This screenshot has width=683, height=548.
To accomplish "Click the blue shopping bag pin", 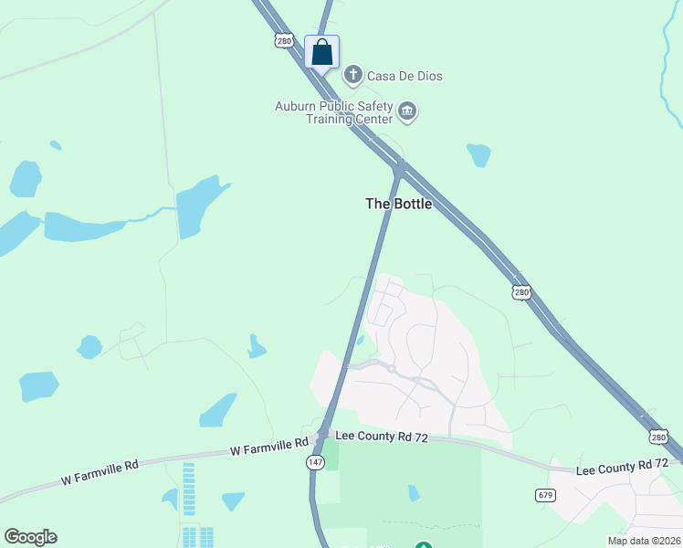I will pyautogui.click(x=321, y=52).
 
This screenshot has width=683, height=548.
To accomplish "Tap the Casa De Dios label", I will pyautogui.click(x=405, y=76).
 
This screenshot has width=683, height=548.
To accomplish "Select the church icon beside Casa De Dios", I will pyautogui.click(x=353, y=75).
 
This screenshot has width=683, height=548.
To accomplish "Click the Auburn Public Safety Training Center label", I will pyautogui.click(x=334, y=112).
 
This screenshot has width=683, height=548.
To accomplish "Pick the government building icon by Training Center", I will pyautogui.click(x=407, y=112).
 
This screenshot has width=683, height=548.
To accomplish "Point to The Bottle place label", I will pyautogui.click(x=398, y=204).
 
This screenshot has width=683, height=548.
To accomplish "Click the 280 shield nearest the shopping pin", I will pyautogui.click(x=282, y=41).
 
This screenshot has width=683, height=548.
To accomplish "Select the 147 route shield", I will pyautogui.click(x=313, y=463).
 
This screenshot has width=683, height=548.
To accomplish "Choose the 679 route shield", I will pyautogui.click(x=545, y=494).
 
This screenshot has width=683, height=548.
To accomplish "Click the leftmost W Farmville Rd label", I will pyautogui.click(x=100, y=465).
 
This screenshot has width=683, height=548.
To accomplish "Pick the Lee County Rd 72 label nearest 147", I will pyautogui.click(x=382, y=437).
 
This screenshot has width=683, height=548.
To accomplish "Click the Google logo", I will pyautogui.click(x=30, y=537).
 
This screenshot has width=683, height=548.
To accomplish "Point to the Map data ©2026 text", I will pyautogui.click(x=644, y=541).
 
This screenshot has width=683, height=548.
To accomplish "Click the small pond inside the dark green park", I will pyautogui.click(x=414, y=493).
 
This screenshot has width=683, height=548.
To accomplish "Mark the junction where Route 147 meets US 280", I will pyautogui.click(x=398, y=168).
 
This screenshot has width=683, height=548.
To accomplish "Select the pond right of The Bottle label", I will pyautogui.click(x=478, y=154).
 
